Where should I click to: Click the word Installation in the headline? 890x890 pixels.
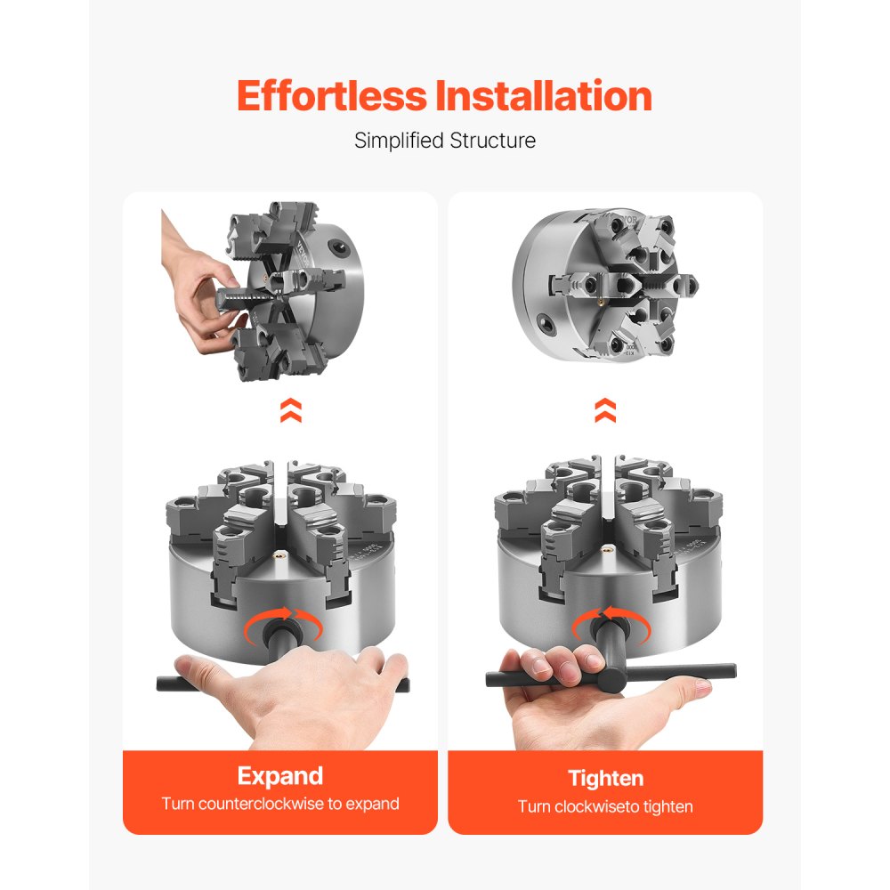543,96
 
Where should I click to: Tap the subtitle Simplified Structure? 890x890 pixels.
445,141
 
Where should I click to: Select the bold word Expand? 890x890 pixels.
279,775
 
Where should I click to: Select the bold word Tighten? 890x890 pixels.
605,778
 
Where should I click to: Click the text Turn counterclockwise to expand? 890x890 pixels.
279,804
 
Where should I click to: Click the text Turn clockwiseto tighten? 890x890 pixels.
605,806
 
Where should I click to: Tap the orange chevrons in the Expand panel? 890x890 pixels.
290,410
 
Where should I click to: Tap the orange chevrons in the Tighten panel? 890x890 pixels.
605,410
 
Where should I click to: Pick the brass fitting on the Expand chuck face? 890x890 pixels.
273,558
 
